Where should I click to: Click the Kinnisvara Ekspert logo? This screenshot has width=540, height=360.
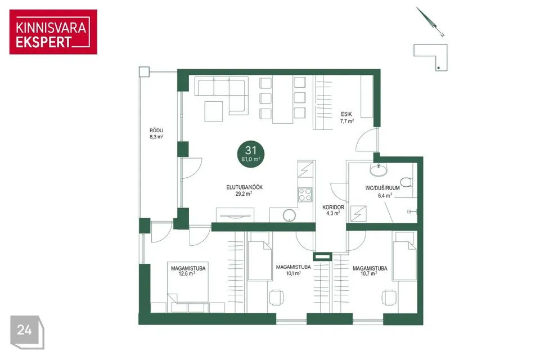[x=53, y=32]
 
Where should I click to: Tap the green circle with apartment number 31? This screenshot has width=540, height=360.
[x=251, y=154]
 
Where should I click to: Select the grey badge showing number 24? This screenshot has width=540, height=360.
[x=27, y=332]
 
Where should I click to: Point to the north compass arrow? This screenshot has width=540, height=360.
[x=430, y=22]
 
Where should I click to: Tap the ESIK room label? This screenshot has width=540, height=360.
[x=346, y=114]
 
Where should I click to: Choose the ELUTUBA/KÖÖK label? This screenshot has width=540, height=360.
[x=244, y=187]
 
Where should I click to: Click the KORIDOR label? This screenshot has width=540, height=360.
[x=333, y=208]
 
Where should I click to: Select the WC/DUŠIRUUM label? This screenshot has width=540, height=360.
[x=382, y=188]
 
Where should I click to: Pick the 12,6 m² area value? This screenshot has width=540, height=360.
[x=187, y=273]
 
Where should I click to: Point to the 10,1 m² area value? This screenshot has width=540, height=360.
[x=294, y=273]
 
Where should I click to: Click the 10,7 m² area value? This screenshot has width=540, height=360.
[x=368, y=273]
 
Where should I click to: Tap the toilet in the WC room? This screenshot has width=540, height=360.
[x=407, y=182]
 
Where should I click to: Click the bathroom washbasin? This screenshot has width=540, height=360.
[x=379, y=169]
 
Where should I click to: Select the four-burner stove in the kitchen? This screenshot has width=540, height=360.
[x=305, y=194]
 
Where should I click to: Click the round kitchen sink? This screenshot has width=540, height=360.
[x=289, y=215]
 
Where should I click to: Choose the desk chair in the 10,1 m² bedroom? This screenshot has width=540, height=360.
[x=276, y=298]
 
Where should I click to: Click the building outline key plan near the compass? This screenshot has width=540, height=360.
[x=430, y=57]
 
